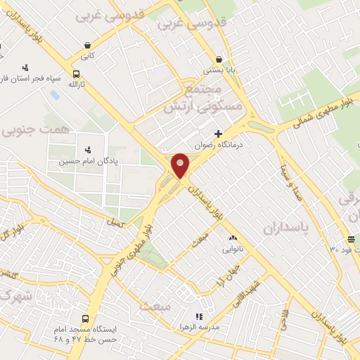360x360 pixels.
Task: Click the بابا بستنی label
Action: [217, 70]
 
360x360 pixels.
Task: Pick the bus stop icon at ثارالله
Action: [76, 74]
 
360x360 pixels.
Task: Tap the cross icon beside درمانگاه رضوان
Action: [219, 133]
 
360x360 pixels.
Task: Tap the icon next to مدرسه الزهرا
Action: [198, 317]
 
